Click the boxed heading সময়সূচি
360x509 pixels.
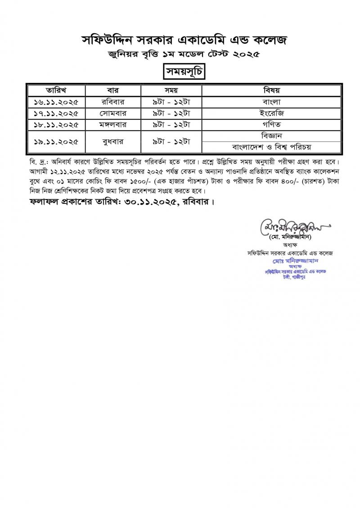pyautogui.click(x=180, y=72)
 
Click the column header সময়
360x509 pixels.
pyautogui.click(x=171, y=90)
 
